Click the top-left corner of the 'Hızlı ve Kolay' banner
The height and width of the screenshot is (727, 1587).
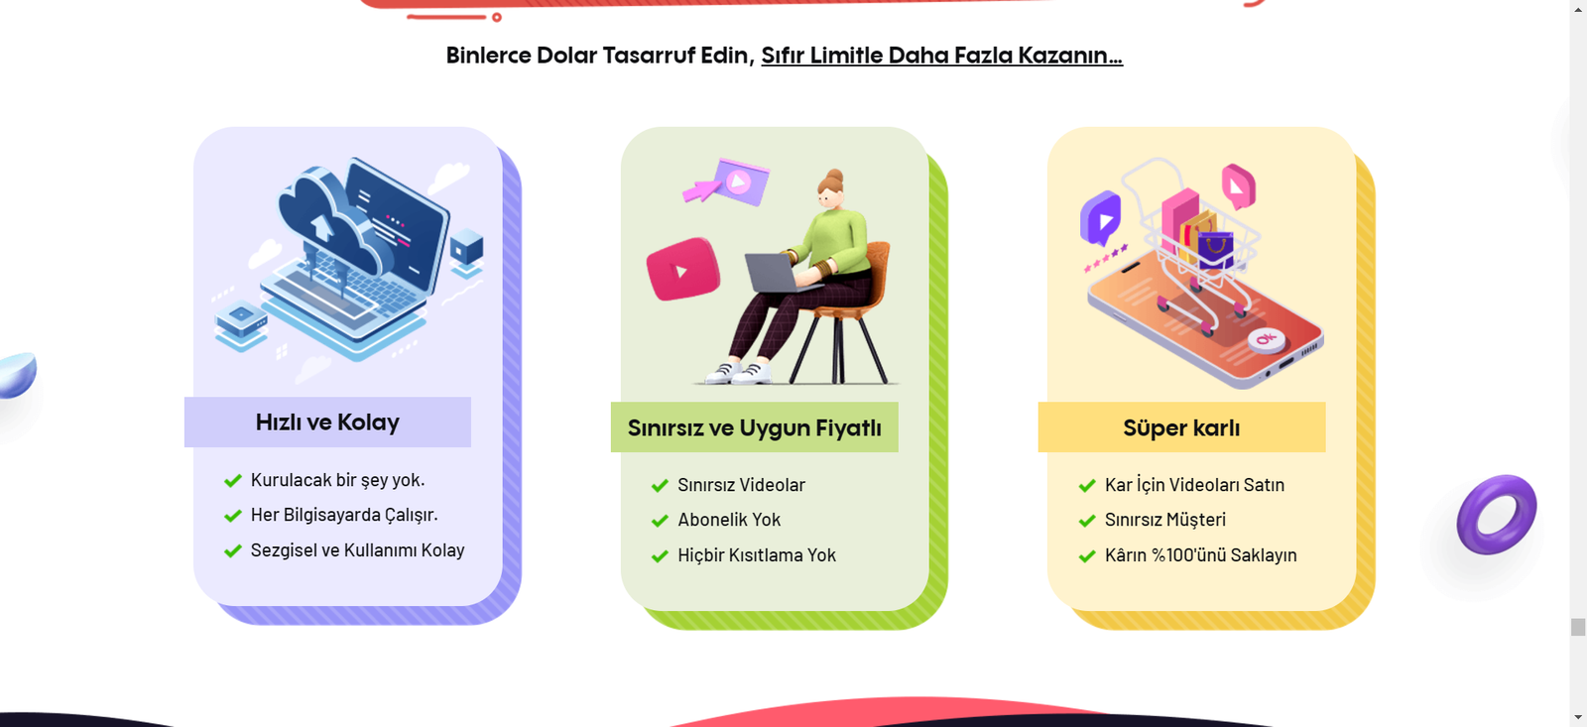click(184, 398)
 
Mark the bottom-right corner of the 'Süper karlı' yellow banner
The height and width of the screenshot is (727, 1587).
click(1325, 452)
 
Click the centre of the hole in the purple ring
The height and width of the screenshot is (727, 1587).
click(1497, 515)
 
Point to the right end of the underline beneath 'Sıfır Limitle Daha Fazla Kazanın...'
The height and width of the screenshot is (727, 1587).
click(1123, 65)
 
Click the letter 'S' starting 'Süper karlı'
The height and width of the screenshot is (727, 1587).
click(1131, 428)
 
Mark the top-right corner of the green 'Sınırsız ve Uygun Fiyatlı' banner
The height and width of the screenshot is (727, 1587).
click(899, 404)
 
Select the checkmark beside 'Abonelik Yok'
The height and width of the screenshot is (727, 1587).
click(660, 521)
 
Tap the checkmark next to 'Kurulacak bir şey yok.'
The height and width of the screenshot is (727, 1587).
click(233, 481)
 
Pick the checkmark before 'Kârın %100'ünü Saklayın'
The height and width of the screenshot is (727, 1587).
click(1087, 556)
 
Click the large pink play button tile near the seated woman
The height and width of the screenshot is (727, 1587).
click(683, 269)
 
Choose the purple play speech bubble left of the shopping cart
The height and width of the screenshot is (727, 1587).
click(1100, 217)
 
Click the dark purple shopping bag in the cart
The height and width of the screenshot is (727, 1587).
click(1216, 249)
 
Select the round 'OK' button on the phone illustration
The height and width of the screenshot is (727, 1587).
click(1266, 340)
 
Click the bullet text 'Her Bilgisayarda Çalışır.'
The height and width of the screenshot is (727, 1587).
click(344, 515)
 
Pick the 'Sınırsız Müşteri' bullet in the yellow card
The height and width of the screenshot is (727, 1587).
click(1165, 520)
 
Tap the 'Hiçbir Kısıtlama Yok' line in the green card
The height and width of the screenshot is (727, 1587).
click(757, 554)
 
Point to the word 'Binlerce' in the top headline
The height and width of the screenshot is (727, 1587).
click(488, 56)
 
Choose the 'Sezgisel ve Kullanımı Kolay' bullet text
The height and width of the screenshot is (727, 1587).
click(358, 550)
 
